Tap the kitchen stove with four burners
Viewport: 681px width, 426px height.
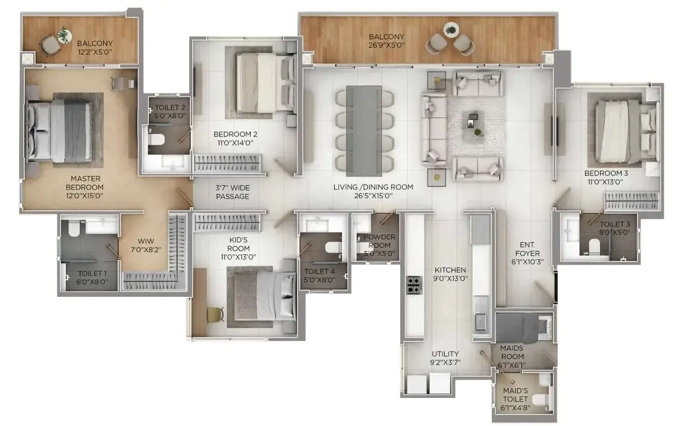[x=414, y=284]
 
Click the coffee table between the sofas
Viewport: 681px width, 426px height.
[x=474, y=124]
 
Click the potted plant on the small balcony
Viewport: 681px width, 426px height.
[x=64, y=35]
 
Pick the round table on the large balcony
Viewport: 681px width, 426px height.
[x=451, y=30]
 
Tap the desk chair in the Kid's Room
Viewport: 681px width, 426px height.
[x=214, y=314]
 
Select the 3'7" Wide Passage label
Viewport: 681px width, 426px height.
[x=232, y=192]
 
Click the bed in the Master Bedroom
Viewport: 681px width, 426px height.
[x=61, y=131]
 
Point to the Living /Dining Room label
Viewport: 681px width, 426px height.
[x=373, y=191]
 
